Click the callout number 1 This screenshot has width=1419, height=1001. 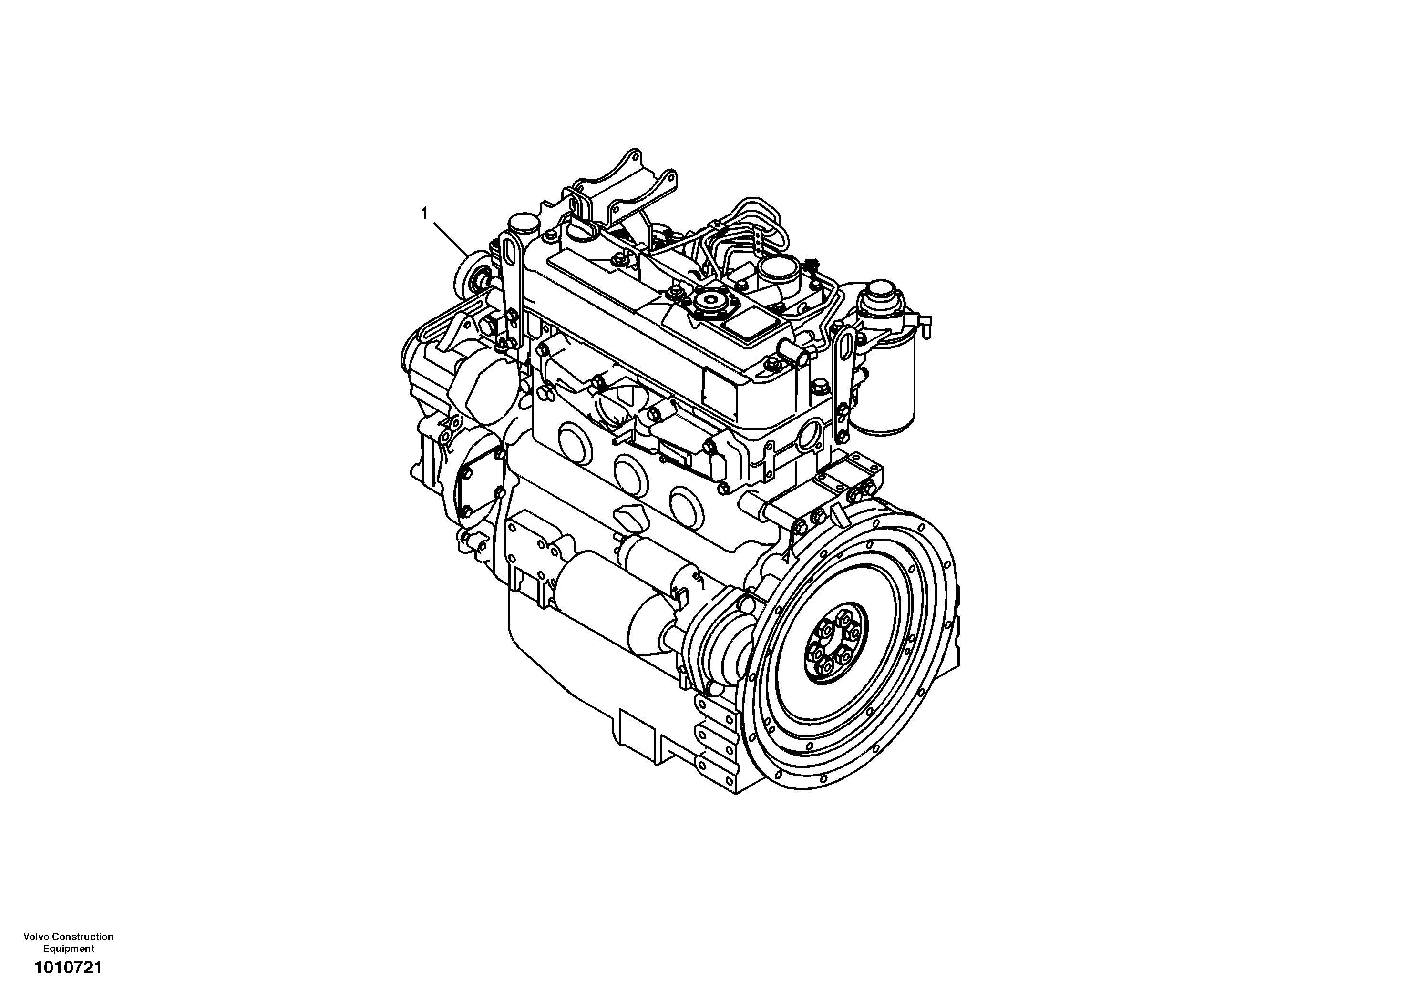(x=424, y=214)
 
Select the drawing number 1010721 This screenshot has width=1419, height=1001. (x=68, y=968)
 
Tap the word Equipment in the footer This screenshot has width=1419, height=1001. (x=69, y=949)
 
